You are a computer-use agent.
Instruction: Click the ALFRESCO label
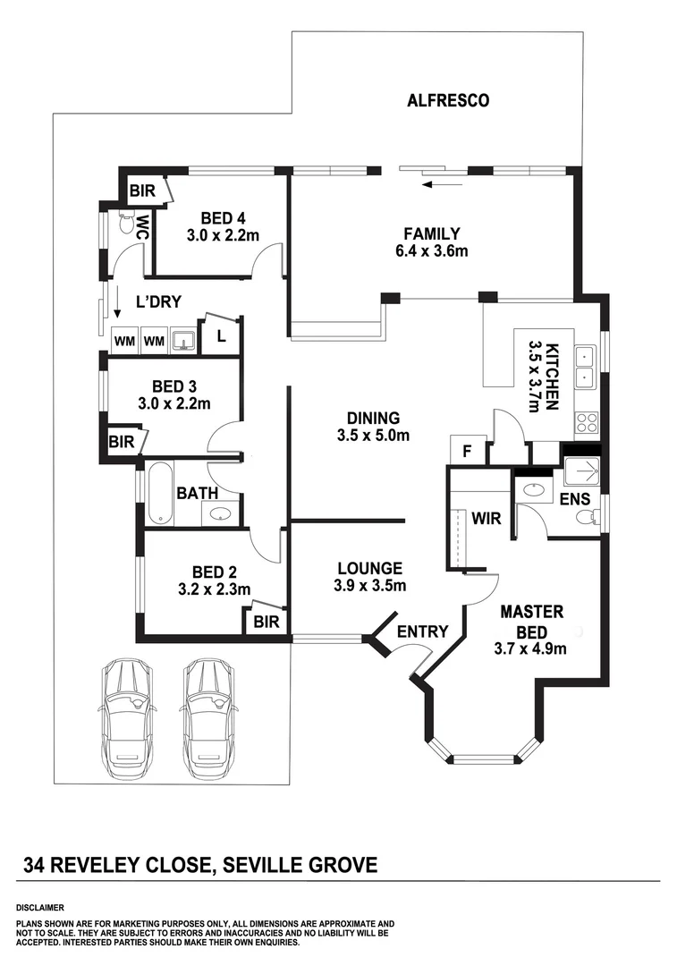448,100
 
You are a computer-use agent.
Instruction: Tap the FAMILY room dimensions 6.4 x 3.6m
431,251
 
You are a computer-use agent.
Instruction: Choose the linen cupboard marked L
220,337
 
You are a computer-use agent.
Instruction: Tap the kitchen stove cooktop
587,422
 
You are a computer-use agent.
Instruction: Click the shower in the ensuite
582,475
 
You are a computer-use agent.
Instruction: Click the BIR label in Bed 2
266,622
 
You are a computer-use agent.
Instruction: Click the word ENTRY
422,631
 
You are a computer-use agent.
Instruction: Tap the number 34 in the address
35,865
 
